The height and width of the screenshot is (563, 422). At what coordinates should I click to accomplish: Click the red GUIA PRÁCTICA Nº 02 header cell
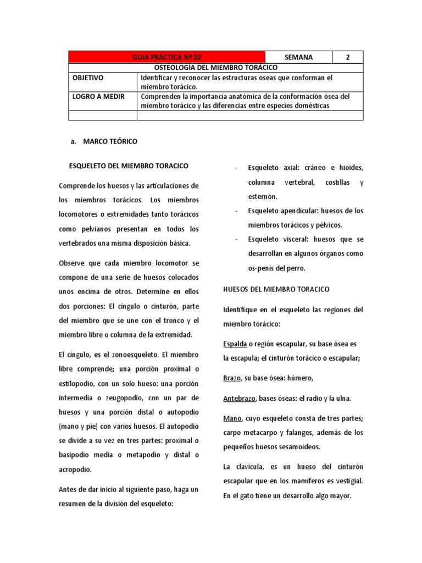[167, 57]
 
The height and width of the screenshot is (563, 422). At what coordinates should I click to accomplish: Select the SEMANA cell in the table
[299, 57]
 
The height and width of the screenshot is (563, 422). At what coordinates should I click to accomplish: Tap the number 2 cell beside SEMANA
[347, 57]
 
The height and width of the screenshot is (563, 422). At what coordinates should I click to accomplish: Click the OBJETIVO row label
[88, 78]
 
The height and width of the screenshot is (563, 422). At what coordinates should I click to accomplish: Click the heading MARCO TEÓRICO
[110, 141]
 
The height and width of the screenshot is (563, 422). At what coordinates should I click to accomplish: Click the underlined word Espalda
[235, 344]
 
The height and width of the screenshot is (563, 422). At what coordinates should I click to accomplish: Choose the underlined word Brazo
[232, 378]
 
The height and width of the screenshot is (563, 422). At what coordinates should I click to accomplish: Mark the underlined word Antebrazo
[241, 398]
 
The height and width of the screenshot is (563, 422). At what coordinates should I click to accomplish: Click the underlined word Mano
[232, 418]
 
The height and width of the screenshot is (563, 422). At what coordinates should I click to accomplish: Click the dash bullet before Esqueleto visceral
[236, 240]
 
